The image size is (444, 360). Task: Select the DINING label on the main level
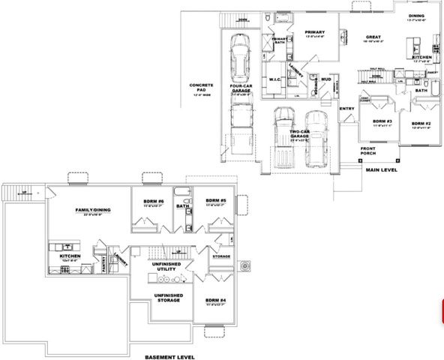pyautogui.click(x=416, y=16)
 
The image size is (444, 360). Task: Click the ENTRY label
pyautogui.click(x=346, y=109)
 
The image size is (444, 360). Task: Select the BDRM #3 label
pyautogui.click(x=383, y=121)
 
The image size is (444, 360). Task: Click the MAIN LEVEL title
pyautogui.click(x=382, y=170)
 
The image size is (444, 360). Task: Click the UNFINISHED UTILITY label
pyautogui.click(x=165, y=265)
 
